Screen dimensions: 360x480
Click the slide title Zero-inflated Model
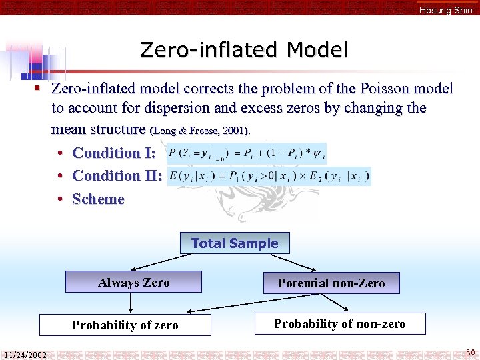(x=244, y=50)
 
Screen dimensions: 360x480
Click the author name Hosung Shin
(x=445, y=10)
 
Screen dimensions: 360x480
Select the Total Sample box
(x=235, y=243)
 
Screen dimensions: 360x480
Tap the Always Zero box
(x=133, y=283)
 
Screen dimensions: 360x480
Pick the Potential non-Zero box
(x=331, y=283)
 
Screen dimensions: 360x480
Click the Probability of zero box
(x=125, y=325)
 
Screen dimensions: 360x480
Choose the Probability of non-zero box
(x=340, y=324)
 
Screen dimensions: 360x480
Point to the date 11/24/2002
(x=25, y=355)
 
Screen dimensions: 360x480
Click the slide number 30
(x=470, y=352)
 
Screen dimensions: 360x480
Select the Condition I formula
(x=247, y=153)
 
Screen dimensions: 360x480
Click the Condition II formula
(x=269, y=176)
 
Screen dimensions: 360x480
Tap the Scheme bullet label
(x=98, y=199)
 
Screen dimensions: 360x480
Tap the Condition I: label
(x=114, y=153)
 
